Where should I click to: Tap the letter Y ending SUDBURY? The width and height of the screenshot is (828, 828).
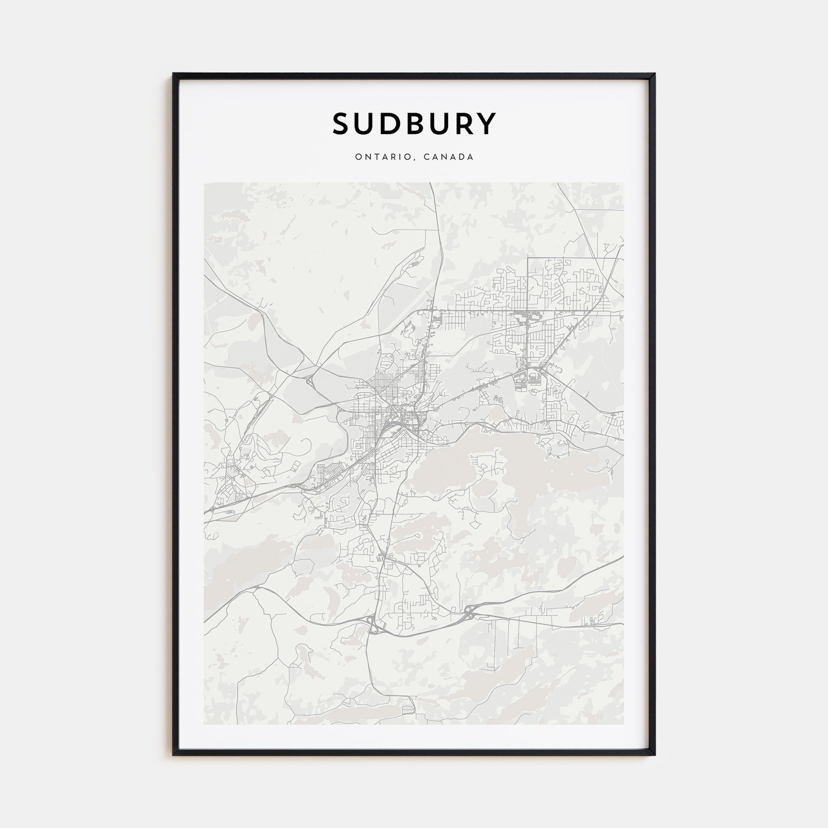coord(486,124)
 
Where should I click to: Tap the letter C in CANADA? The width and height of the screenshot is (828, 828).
coord(426,157)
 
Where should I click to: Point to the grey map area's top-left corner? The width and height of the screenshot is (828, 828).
coord(205,183)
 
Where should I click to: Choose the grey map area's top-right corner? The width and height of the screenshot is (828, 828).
coord(623,183)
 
